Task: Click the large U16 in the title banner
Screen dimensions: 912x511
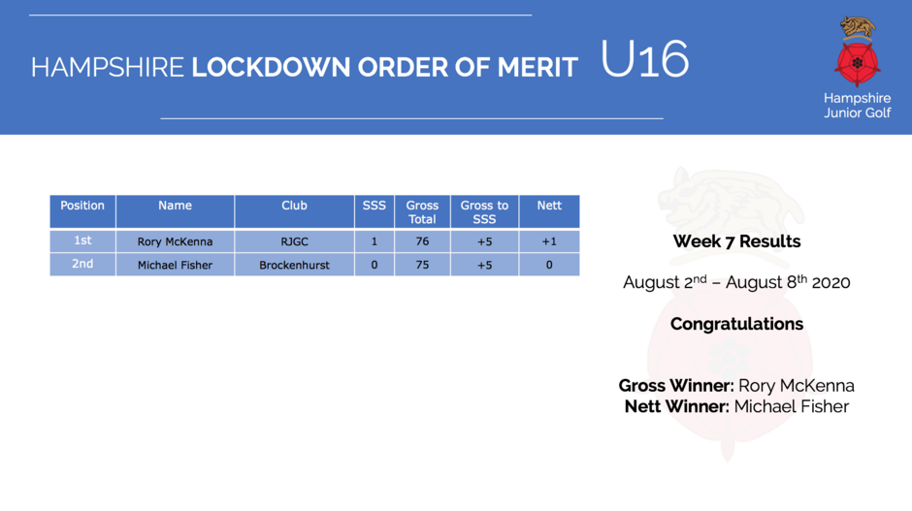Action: (644, 59)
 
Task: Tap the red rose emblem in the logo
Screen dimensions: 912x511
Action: (857, 63)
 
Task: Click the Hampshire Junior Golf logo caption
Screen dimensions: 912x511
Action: (857, 106)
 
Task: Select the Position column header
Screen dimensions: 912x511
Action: (82, 211)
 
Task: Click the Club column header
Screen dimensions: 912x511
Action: (294, 211)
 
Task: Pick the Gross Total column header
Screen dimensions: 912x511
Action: (422, 211)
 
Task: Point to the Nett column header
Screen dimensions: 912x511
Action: (549, 211)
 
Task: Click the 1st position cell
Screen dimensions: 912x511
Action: (82, 241)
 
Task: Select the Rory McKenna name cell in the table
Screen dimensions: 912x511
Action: (175, 241)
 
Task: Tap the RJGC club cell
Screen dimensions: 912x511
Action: (294, 241)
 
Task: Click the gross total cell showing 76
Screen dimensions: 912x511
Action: (422, 241)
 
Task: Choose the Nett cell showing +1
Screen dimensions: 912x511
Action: (549, 241)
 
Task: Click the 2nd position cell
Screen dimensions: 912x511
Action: (82, 265)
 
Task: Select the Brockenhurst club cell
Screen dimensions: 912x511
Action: (294, 265)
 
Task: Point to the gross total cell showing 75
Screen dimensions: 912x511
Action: (422, 265)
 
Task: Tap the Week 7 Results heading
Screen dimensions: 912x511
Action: (736, 241)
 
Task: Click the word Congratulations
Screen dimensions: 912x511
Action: (736, 324)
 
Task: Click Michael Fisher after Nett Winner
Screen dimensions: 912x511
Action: (791, 406)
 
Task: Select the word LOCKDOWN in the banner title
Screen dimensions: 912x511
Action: (271, 68)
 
